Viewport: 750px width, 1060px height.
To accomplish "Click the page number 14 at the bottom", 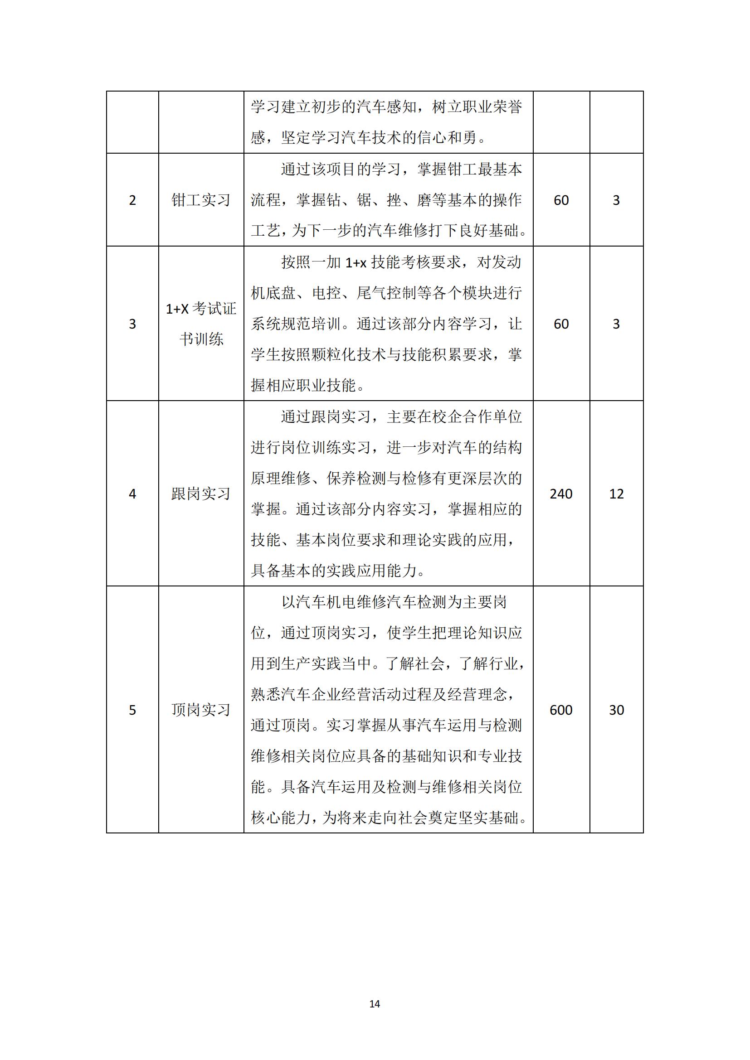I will point(375,1004).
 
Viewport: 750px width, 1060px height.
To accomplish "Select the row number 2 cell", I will point(132,200).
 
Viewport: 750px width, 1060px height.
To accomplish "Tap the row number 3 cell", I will point(132,324).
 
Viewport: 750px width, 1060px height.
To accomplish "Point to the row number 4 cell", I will point(132,494).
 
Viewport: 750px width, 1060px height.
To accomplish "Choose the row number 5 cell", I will point(132,710).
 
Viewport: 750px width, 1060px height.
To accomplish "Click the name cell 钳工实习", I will point(201,200).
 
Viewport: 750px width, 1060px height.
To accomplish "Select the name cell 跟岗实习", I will point(201,494).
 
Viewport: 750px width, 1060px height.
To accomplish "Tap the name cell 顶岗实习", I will point(201,710).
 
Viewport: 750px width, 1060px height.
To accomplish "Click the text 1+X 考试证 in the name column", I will point(201,309).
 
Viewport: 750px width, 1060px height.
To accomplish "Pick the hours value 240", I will point(561,494).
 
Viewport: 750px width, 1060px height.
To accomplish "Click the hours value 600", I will point(561,710).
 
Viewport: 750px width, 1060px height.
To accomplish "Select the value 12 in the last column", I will point(617,494).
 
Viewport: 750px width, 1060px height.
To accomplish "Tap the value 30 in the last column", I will point(617,710).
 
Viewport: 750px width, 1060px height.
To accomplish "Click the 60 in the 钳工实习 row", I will point(561,200).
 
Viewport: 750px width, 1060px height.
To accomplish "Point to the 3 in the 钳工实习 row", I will point(616,200).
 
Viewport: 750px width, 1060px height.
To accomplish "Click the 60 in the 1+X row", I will point(561,324).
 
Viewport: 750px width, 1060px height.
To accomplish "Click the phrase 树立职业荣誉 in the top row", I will point(477,107).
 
